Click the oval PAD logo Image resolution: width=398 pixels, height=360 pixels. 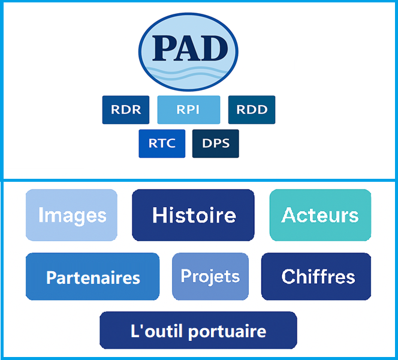[188, 52]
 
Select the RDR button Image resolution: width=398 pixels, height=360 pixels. [126, 110]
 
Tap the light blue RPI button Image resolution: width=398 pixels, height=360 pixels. [189, 110]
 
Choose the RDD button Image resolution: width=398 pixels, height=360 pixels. [252, 110]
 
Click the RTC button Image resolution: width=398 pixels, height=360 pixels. [162, 143]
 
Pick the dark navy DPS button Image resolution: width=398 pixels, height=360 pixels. [216, 143]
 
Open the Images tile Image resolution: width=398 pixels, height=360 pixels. [71, 215]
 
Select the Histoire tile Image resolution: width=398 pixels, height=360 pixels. [193, 215]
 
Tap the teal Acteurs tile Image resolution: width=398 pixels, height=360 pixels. [320, 215]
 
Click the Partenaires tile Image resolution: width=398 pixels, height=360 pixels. [93, 277]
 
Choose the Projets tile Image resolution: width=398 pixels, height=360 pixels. [210, 277]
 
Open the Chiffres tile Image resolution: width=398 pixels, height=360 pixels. [316, 277]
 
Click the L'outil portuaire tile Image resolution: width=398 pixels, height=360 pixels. [198, 330]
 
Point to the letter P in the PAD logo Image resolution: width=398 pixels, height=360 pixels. [164, 48]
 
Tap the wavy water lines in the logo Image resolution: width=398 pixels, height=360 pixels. [188, 73]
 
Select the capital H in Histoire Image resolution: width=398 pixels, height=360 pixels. [159, 215]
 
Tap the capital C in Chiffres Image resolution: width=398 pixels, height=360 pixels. [288, 277]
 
